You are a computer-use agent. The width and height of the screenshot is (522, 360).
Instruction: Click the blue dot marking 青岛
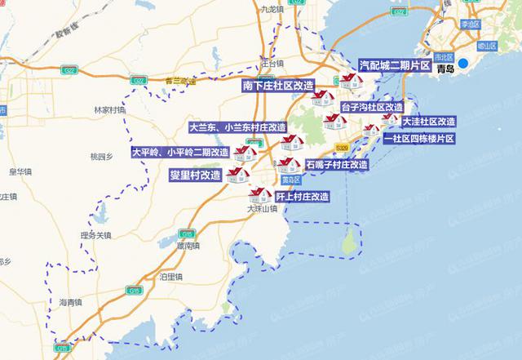(463, 64)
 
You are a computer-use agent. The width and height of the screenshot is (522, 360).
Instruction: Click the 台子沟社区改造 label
(372, 107)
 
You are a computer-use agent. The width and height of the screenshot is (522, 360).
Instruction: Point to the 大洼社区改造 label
(430, 122)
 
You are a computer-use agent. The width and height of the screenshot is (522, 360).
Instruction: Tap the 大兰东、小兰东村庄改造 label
(237, 128)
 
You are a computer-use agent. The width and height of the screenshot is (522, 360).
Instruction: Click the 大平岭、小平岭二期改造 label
(180, 152)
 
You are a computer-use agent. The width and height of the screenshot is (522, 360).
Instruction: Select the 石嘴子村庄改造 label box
(336, 164)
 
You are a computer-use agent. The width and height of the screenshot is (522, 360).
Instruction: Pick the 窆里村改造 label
(194, 175)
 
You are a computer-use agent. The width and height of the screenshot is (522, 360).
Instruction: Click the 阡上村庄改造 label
(302, 197)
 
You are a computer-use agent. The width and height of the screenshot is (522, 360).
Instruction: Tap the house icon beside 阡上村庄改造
(261, 195)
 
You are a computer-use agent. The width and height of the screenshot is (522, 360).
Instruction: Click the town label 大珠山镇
(263, 209)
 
